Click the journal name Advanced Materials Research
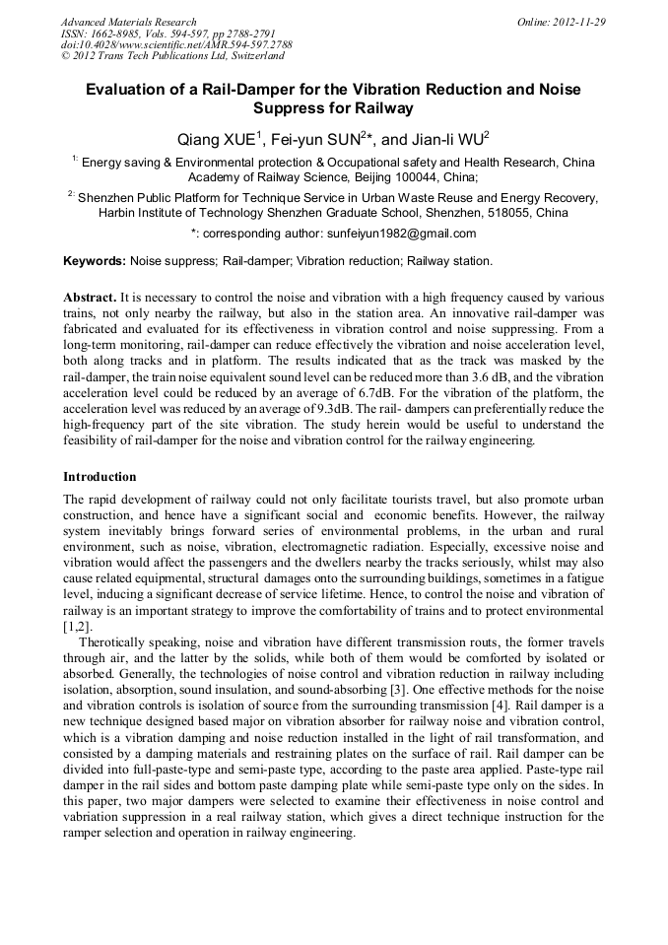(128, 22)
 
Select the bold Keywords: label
(95, 261)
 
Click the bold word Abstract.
(90, 297)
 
